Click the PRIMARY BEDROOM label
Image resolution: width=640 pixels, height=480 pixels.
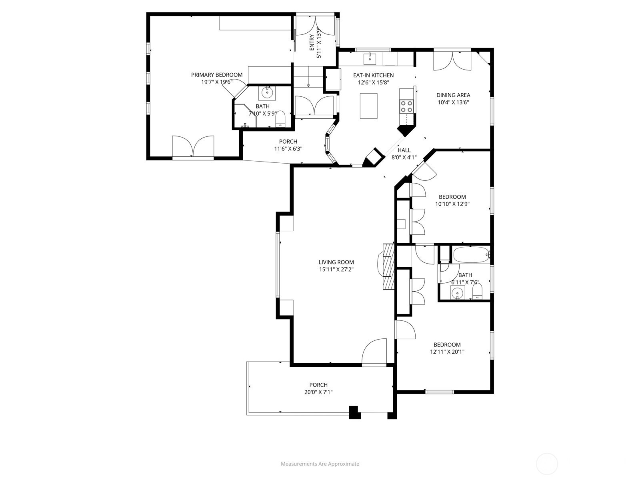217,75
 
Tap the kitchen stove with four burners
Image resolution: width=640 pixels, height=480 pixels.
406,106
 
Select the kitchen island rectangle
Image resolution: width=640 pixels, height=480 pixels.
368,106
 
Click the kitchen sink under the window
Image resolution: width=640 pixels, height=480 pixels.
370,59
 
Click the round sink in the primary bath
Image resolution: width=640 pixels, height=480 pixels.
267,93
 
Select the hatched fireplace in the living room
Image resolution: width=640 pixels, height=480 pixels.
386,266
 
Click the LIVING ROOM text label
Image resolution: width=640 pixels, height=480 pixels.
336,262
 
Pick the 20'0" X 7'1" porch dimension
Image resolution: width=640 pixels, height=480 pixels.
318,392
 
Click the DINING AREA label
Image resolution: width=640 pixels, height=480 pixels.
453,95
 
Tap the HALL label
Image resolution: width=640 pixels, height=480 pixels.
404,150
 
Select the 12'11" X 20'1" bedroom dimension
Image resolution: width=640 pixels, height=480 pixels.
447,352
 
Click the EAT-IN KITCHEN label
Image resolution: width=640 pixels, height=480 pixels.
374,75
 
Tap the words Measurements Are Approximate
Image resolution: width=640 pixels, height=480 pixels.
320,464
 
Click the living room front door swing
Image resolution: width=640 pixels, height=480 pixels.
374,351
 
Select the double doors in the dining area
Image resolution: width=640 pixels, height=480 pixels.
452,61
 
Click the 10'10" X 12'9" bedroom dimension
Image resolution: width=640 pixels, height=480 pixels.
452,204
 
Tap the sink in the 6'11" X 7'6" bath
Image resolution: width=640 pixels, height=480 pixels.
457,292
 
